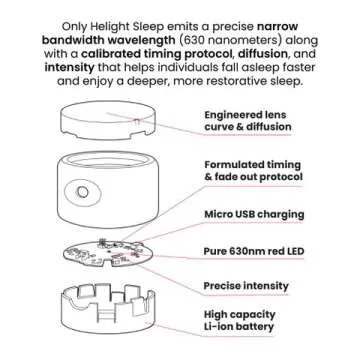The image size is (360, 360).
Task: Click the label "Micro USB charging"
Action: point(254,214)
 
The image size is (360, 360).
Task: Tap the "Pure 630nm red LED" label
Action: point(254,251)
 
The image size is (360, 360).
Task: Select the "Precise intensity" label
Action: point(246,286)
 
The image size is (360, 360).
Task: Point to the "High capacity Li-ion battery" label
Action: point(240,320)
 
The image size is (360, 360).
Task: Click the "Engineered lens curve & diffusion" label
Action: point(248,121)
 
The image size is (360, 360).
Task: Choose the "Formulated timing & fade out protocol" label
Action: point(254,171)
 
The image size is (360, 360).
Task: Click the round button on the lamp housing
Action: point(82,192)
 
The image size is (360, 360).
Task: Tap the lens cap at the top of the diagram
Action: point(109,120)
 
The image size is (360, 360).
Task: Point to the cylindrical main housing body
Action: point(108,189)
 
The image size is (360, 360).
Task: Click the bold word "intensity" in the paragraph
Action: point(69,68)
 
